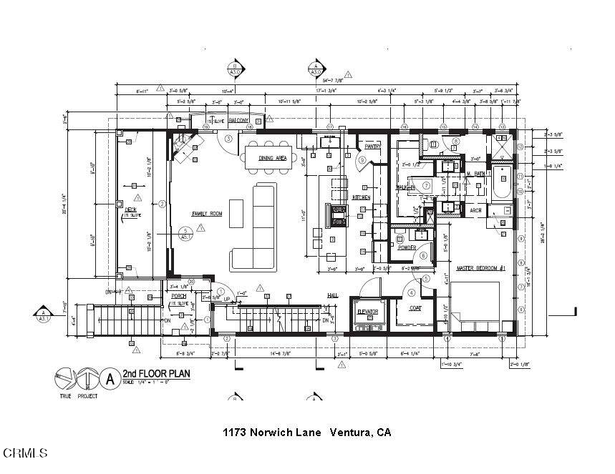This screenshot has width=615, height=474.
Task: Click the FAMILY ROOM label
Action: tap(206, 214)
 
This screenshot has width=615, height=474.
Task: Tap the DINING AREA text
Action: tap(272, 158)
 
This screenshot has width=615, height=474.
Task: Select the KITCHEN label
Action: tap(360, 197)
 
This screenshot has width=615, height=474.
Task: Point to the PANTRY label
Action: tap(372, 146)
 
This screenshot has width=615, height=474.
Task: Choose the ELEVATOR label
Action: tap(367, 312)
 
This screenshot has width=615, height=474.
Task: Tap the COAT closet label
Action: tap(415, 309)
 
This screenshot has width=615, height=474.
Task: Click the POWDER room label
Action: tap(407, 247)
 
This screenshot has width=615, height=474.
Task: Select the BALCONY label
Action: tap(238, 122)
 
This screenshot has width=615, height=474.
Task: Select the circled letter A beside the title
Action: tap(110, 377)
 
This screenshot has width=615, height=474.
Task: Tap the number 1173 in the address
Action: tap(236, 432)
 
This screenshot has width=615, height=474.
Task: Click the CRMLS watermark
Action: tap(24, 453)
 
